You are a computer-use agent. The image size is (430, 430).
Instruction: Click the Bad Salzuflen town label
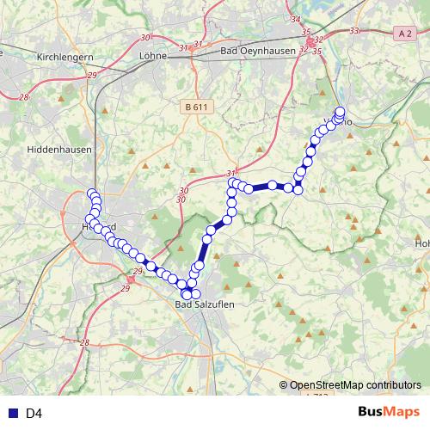click(x=204, y=304)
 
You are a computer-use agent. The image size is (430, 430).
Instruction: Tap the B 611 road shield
click(x=196, y=106)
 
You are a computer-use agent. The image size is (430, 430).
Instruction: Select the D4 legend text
click(x=34, y=414)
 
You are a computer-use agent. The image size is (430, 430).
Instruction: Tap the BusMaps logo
click(x=389, y=413)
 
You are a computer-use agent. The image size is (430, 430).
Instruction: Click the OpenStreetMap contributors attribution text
click(x=354, y=386)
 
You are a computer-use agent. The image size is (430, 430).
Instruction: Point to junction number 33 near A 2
click(x=355, y=31)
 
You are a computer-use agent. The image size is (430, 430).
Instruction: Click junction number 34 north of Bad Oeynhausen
click(x=296, y=19)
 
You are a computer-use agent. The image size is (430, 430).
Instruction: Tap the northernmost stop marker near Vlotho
click(x=340, y=112)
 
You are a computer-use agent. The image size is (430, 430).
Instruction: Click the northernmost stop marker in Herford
click(x=92, y=193)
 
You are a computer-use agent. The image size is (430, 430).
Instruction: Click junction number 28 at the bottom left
click(x=84, y=342)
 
